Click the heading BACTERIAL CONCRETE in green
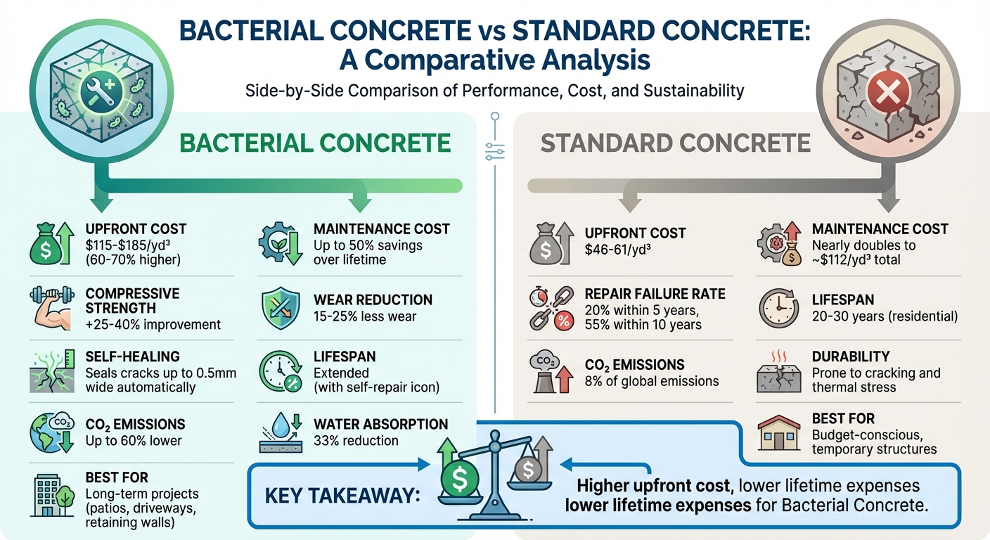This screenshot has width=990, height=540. coord(315,143)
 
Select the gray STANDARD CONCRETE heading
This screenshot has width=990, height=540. coord(675,143)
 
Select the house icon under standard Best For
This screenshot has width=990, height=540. coord(778,435)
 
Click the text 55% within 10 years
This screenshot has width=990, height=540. coord(643,324)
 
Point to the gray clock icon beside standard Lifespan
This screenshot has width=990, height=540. coord(778,307)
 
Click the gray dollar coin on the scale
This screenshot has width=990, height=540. coord(529,470)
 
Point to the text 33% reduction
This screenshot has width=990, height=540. coord(356,441)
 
